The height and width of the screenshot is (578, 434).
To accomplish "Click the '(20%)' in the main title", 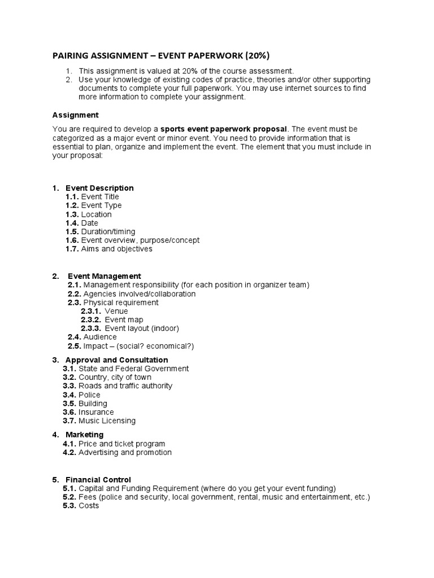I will [255, 55].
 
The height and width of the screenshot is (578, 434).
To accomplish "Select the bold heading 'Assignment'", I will [75, 115].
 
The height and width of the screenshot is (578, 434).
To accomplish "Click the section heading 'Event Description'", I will [99, 188].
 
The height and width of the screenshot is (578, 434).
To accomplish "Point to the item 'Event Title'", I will [100, 197].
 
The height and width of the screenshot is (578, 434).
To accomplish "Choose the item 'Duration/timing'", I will [108, 231].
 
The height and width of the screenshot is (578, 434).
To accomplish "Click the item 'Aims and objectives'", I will [116, 249].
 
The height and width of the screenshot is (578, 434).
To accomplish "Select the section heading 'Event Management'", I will [104, 276].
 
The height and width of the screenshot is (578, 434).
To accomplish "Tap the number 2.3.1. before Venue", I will [92, 311].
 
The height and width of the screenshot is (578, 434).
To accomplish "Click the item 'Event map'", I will [123, 320].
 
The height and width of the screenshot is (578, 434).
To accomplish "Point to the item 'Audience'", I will [100, 337].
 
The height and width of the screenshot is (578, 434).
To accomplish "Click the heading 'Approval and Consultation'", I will [116, 360].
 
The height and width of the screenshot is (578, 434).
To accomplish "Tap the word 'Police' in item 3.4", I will [89, 395].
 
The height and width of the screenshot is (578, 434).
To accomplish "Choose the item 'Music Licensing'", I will [107, 421].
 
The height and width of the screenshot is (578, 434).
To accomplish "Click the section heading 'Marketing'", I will [84, 435].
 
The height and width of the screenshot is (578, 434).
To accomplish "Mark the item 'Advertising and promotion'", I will [125, 453].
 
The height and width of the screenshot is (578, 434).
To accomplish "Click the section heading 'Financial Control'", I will [98, 480].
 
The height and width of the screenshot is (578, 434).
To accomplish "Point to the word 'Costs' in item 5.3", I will [89, 506].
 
